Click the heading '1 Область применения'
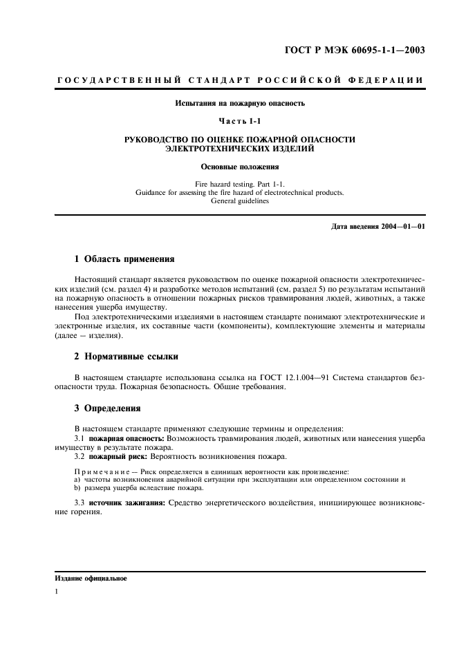click(124, 259)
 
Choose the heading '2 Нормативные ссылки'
click(126, 357)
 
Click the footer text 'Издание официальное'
click(91, 578)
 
